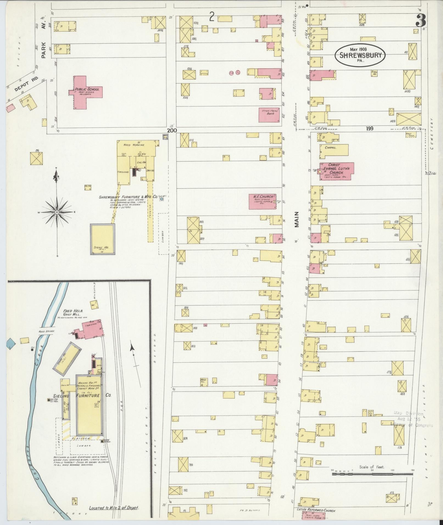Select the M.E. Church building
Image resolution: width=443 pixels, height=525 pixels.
point(262,201)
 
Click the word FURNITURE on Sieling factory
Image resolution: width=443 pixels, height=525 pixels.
point(88,396)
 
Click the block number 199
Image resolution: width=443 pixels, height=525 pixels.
point(370,128)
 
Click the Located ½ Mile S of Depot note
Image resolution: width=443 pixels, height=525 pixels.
point(114,508)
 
